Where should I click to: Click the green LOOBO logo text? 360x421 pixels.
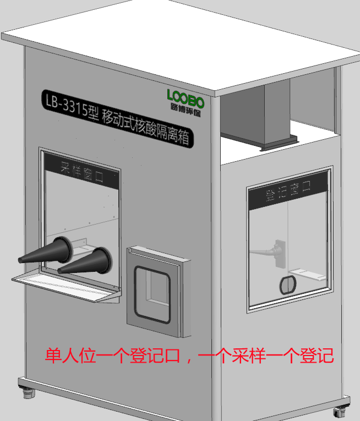186,99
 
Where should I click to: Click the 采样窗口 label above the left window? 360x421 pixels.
82,172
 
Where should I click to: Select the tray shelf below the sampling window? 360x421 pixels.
66,286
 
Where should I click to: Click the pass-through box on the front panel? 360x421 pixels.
159,292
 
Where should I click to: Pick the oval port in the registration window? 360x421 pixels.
288,285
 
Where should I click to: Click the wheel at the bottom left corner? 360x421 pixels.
29,392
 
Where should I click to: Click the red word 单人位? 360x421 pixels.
70,356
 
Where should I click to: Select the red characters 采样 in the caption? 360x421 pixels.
249,356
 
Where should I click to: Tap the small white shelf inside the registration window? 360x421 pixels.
307,275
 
